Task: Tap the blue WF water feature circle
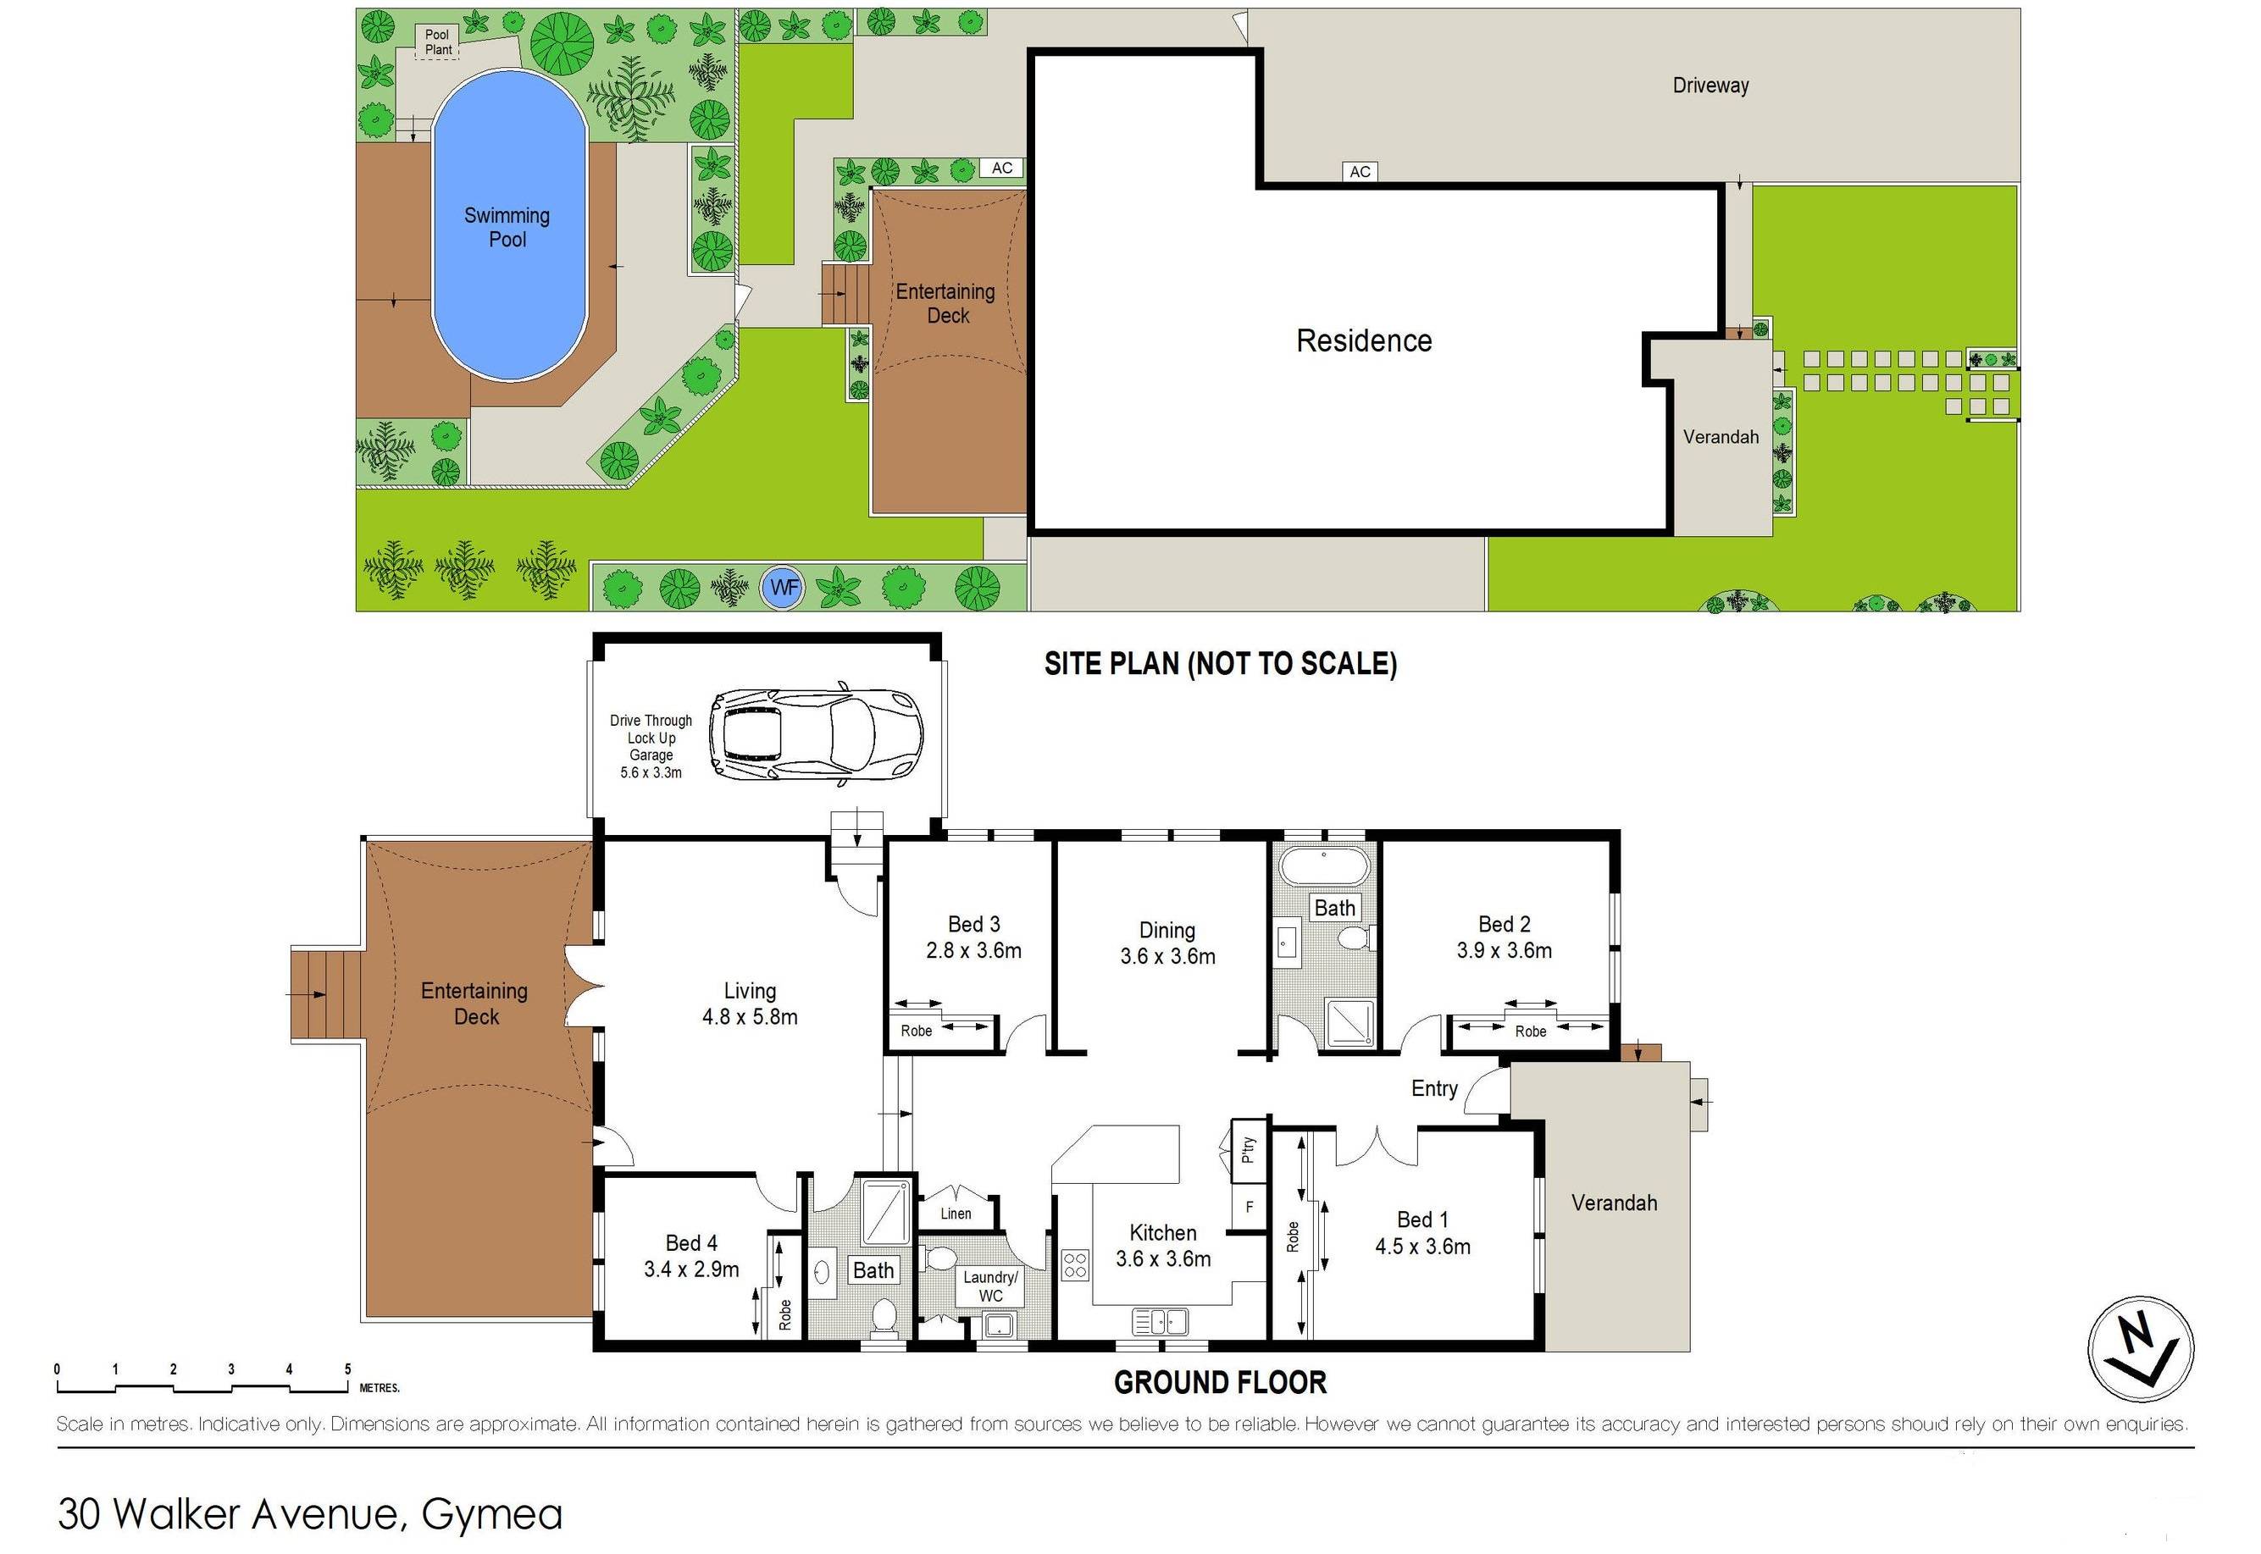[782, 588]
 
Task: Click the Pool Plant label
[438, 41]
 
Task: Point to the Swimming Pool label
[507, 227]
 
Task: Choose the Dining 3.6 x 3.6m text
[1167, 943]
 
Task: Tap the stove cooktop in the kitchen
[1075, 1265]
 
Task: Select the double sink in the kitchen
[1160, 1321]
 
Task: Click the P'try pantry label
[1249, 1150]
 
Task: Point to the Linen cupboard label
[956, 1214]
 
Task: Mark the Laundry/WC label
[990, 1286]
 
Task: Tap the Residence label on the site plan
[1363, 340]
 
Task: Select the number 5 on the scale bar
[347, 1369]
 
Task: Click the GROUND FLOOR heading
[1220, 1383]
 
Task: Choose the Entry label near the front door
[1434, 1088]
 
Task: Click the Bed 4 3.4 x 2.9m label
[691, 1256]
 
